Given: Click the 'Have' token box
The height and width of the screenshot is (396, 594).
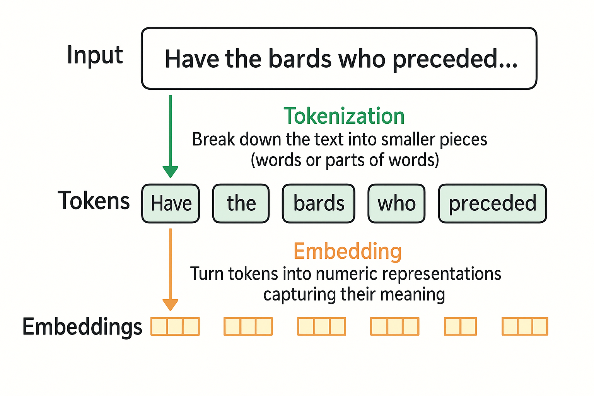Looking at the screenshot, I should (171, 203).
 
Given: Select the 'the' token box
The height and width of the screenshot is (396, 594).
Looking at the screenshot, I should (241, 203).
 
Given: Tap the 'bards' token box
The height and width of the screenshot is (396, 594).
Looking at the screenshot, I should (318, 203).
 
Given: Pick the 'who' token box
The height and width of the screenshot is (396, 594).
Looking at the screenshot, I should (396, 203).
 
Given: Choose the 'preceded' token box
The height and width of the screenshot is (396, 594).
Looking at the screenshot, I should (492, 203).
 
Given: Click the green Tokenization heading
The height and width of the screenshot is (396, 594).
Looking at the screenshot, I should (344, 116).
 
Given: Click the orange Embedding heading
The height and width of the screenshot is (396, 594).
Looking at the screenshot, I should (347, 251).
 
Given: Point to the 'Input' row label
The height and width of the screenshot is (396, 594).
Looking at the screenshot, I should (95, 55).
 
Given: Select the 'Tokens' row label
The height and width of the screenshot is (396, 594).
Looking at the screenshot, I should (94, 201).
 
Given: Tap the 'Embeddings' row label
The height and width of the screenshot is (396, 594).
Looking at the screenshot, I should (82, 327).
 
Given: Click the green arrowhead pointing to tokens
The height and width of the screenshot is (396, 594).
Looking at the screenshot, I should (170, 171).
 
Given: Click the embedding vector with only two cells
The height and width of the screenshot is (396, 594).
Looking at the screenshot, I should (460, 326).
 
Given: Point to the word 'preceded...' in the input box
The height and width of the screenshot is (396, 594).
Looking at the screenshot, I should (455, 60).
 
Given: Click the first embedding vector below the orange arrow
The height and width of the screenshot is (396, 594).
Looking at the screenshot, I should (175, 326).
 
